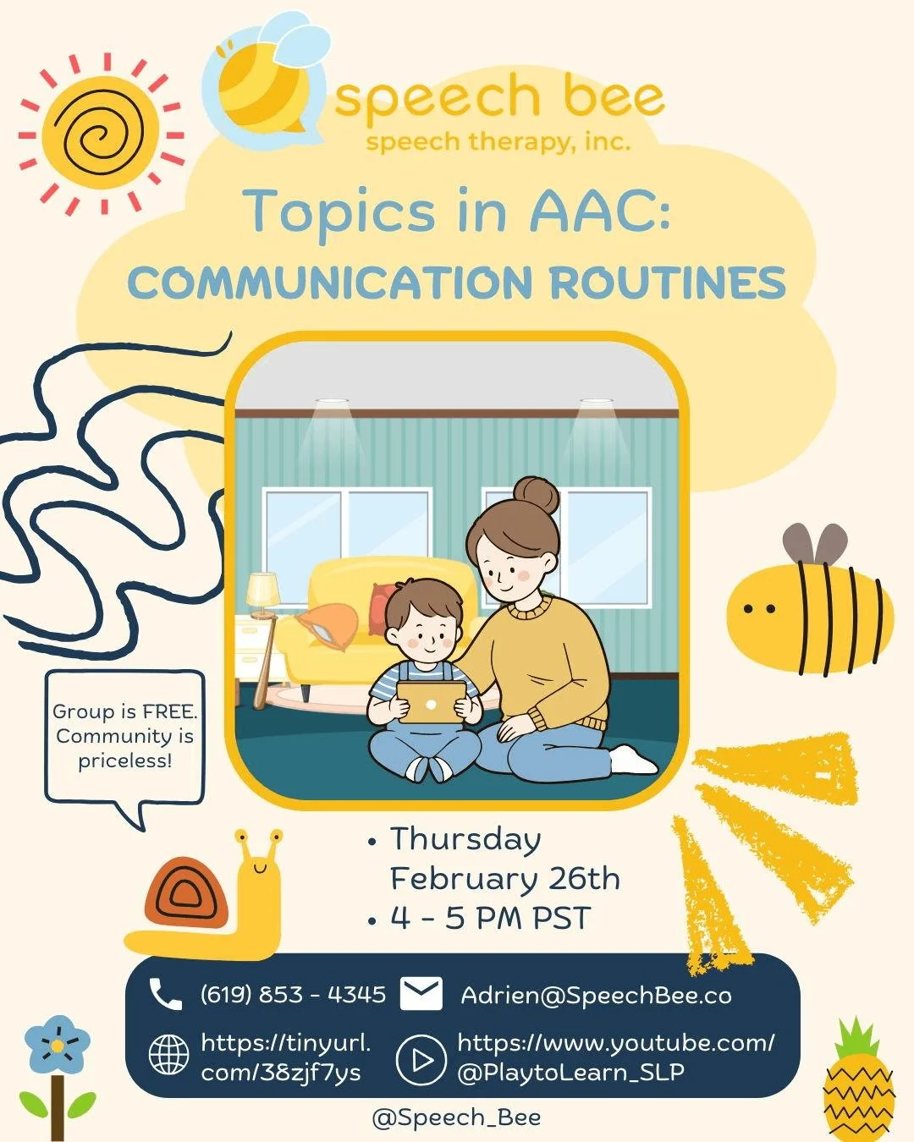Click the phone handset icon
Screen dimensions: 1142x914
click(165, 994)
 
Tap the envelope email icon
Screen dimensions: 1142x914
click(421, 994)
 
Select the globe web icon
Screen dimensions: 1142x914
click(168, 1055)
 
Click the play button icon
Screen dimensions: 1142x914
click(421, 1059)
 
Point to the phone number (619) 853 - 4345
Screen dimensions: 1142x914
click(293, 994)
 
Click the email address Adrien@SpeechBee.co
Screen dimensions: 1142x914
click(596, 995)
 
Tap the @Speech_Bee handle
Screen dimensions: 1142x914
click(456, 1117)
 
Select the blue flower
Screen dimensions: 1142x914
click(57, 1046)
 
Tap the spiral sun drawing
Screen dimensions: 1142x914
click(102, 135)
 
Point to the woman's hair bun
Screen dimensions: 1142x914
click(537, 495)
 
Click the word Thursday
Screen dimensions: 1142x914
click(465, 839)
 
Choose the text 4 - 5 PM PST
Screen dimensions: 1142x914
click(489, 918)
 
